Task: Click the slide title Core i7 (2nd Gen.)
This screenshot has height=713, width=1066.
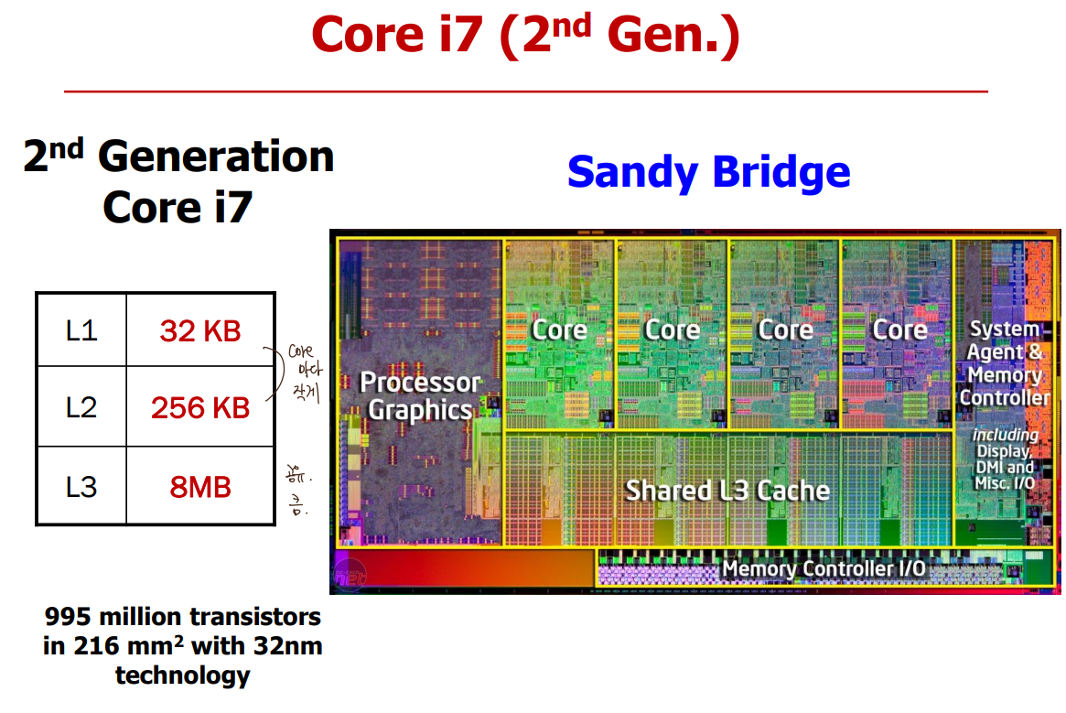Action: click(525, 36)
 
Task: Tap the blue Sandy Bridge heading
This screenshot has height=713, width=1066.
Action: click(708, 172)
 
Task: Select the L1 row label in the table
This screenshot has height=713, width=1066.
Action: click(81, 330)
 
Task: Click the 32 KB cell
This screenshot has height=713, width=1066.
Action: click(200, 330)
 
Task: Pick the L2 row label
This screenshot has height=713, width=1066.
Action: click(81, 407)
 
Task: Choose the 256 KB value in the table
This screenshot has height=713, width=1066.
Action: click(200, 407)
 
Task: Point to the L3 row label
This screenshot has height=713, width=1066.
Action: click(81, 486)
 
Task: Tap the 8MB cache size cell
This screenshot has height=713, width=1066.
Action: click(200, 486)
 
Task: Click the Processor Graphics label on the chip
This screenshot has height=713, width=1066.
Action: click(420, 395)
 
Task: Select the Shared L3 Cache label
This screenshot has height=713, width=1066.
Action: click(727, 491)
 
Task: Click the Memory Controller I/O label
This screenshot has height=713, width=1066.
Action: click(824, 569)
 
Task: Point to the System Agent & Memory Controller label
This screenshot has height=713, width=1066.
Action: click(1005, 363)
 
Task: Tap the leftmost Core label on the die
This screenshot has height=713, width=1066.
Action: click(560, 329)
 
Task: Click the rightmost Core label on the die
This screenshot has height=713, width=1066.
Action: click(899, 329)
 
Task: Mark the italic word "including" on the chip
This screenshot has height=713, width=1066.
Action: click(1005, 435)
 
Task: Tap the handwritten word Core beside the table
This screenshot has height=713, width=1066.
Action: click(300, 351)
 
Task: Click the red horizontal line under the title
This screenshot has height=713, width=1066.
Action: click(525, 92)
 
